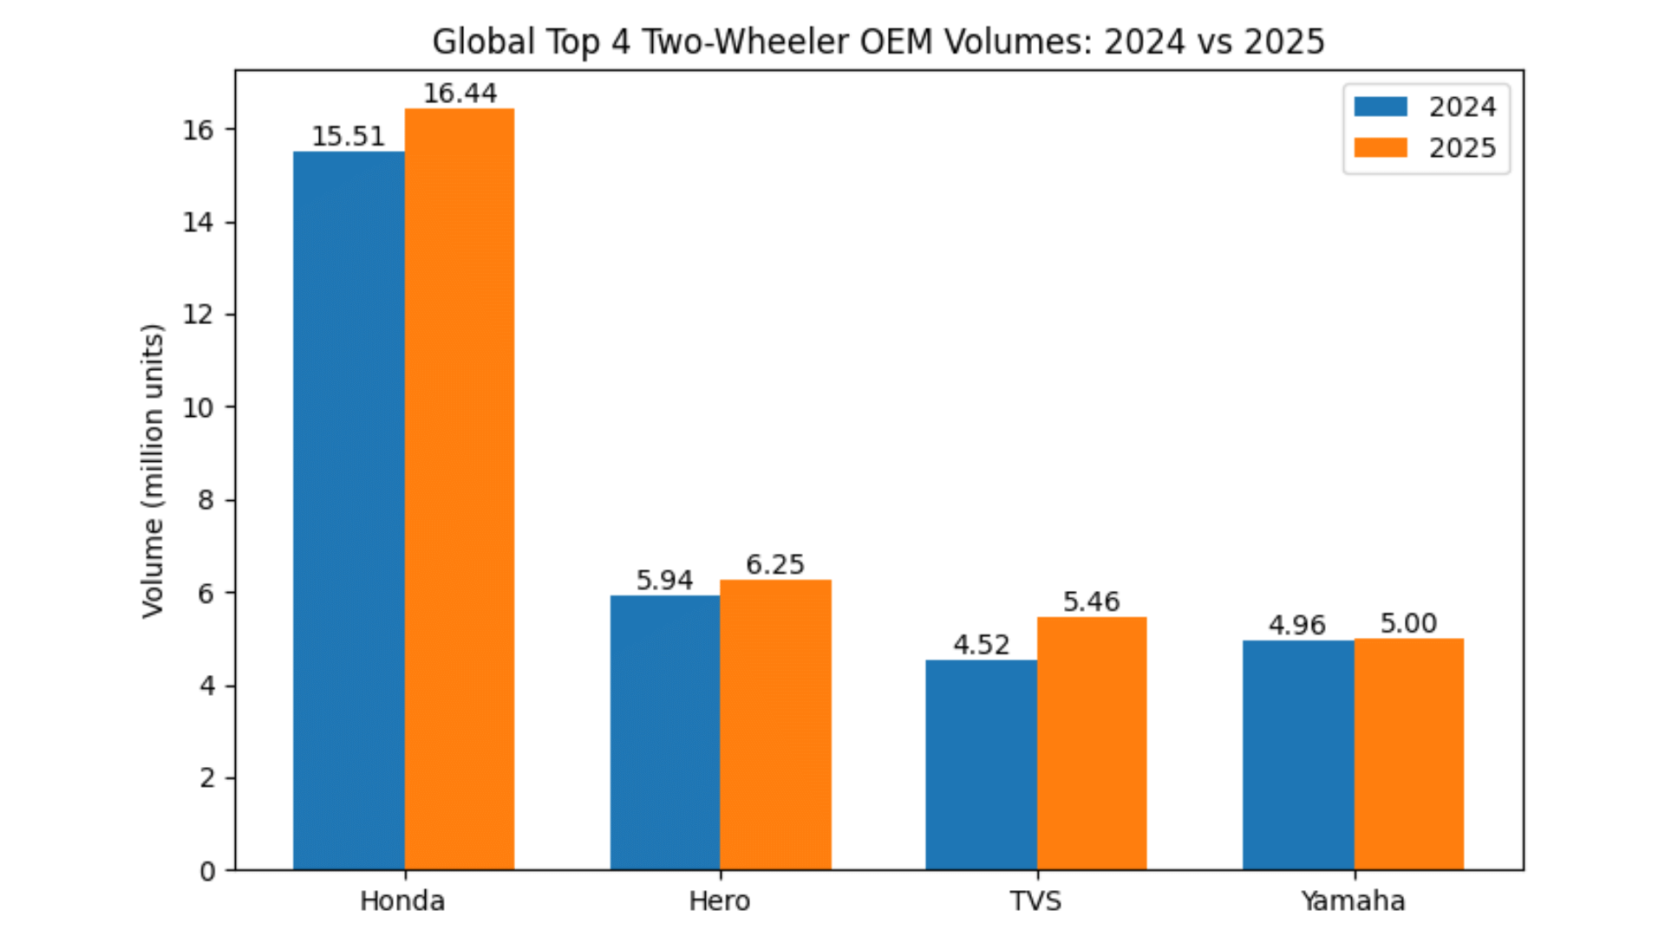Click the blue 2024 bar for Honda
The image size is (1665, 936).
(x=349, y=511)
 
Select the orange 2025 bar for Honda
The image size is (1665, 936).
(x=460, y=490)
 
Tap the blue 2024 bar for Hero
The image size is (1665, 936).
(x=665, y=732)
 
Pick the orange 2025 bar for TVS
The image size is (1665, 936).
(x=1092, y=744)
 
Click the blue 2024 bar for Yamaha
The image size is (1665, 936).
(x=1298, y=755)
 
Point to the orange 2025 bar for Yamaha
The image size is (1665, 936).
(x=1409, y=754)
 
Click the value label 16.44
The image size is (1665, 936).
(x=460, y=93)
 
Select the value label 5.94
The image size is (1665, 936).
(x=664, y=580)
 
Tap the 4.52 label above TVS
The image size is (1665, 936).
(x=981, y=645)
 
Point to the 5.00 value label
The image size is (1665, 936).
(x=1408, y=623)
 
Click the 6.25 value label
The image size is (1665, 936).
(x=775, y=564)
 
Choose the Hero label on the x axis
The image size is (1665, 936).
(x=719, y=901)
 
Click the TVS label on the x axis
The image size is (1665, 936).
(x=1035, y=901)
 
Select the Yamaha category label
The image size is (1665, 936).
(x=1353, y=901)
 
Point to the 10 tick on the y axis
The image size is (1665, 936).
(x=198, y=407)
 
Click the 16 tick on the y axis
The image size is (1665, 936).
(x=198, y=130)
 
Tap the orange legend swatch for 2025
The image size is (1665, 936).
(x=1381, y=147)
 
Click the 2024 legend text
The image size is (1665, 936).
(x=1462, y=107)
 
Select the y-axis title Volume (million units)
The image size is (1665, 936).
(x=153, y=471)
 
